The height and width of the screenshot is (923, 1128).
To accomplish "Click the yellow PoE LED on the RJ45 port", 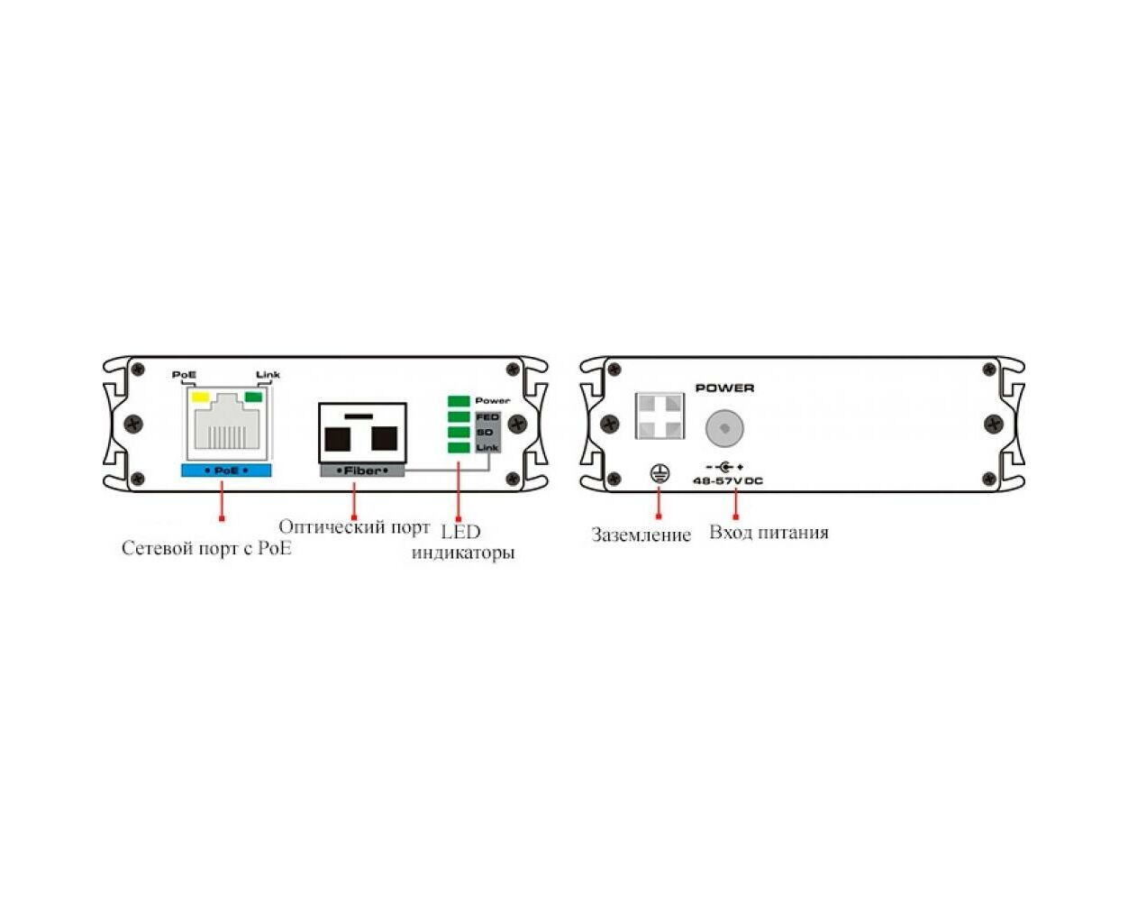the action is coord(199,397).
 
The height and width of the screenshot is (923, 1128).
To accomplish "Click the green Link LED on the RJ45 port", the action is coord(252,397).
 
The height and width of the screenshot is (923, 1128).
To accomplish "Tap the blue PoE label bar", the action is coord(226,471).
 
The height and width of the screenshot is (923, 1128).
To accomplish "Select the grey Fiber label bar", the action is coord(362,471).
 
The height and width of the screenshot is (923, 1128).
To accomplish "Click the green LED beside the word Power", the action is coord(459,401).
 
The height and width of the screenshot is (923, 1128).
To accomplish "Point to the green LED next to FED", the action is coord(459,416).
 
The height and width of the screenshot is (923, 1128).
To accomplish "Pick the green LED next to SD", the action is coord(459,432).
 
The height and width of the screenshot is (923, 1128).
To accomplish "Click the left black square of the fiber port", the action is coord(337,439).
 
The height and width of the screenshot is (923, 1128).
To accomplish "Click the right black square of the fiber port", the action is coord(384,438).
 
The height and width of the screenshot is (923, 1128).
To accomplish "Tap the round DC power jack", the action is coord(724,428).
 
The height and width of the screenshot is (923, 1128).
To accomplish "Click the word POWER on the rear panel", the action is coord(724,388).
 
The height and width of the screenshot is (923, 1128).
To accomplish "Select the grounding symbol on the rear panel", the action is coord(659,473).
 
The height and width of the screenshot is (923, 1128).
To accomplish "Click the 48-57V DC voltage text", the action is coord(727,481).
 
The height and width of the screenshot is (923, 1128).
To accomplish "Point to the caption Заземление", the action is coord(641,535).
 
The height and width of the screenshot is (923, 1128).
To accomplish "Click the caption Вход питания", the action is coord(769,533).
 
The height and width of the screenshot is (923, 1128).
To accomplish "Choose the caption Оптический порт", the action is coord(354,527).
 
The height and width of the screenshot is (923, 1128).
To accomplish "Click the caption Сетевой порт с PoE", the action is coord(206,548).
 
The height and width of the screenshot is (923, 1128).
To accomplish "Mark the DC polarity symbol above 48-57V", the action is coord(725,467).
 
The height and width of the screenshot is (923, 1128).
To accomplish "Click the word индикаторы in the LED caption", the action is coord(463,553).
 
